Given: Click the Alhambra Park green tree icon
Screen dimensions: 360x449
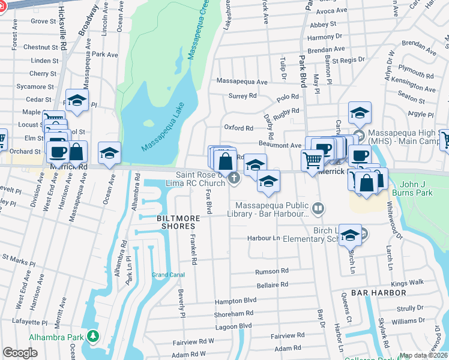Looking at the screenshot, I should (x=92, y=336).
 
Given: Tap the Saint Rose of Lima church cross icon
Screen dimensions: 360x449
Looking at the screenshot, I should (x=234, y=178).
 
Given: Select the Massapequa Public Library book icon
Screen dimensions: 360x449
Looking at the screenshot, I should (x=318, y=209).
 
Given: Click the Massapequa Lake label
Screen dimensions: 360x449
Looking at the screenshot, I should (x=164, y=128).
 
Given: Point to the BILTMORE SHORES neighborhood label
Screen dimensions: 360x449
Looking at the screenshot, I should (x=176, y=222).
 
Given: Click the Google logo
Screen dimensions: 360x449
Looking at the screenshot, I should (x=20, y=353).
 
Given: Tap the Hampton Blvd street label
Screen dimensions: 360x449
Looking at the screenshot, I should (x=236, y=300).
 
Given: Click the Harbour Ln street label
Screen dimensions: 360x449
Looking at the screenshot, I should (x=264, y=238).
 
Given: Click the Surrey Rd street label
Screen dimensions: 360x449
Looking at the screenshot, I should (x=243, y=96).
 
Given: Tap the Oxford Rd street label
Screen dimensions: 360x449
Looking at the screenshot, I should (x=238, y=128).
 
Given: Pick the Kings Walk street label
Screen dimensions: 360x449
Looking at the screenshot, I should (x=408, y=282).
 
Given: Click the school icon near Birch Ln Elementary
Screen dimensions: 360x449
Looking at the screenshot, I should (x=350, y=235).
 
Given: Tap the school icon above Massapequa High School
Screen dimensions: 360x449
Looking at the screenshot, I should (x=359, y=113).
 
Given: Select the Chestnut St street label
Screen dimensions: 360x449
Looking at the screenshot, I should (x=40, y=47).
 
